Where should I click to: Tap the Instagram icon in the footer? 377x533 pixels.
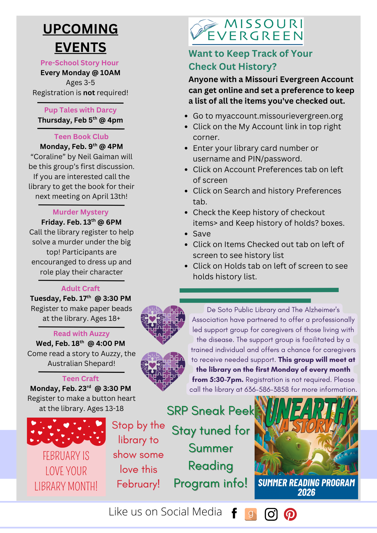click(x=271, y=514)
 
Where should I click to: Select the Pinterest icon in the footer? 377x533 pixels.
click(x=290, y=514)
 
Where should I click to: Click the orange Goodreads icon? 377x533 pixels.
click(x=251, y=514)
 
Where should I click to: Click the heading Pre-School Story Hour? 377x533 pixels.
click(x=79, y=63)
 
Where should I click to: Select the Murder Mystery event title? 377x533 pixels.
click(x=81, y=212)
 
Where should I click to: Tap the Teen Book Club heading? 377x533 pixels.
click(x=81, y=137)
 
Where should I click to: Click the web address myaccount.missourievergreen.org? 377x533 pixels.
click(x=279, y=116)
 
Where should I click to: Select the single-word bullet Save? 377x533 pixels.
click(x=202, y=234)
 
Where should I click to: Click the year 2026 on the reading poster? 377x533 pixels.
click(x=306, y=492)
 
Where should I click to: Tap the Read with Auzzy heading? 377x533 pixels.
click(x=81, y=334)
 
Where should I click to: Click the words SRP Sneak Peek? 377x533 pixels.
click(x=210, y=411)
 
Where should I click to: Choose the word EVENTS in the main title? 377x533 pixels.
click(x=81, y=47)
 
